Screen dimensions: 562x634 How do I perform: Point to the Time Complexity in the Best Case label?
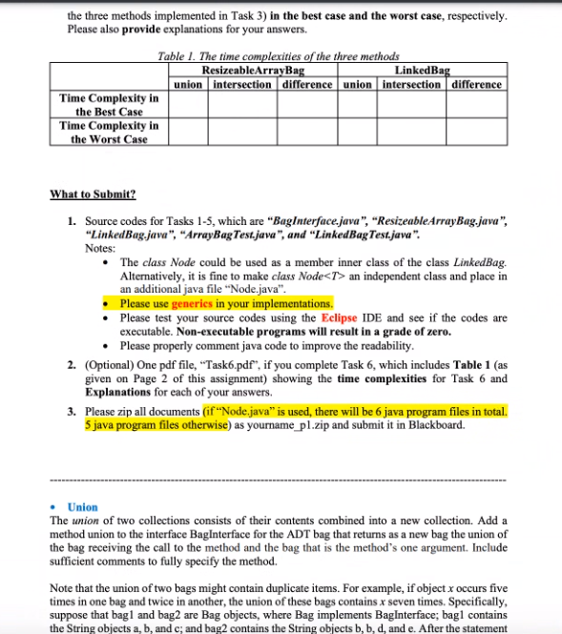pos(109,105)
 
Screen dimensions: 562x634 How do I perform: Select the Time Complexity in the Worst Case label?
pos(109,133)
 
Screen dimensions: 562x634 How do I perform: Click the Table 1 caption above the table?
pos(279,58)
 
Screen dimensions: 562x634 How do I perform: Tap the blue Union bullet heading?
pos(83,507)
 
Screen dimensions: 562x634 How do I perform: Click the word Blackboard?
pos(437,424)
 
